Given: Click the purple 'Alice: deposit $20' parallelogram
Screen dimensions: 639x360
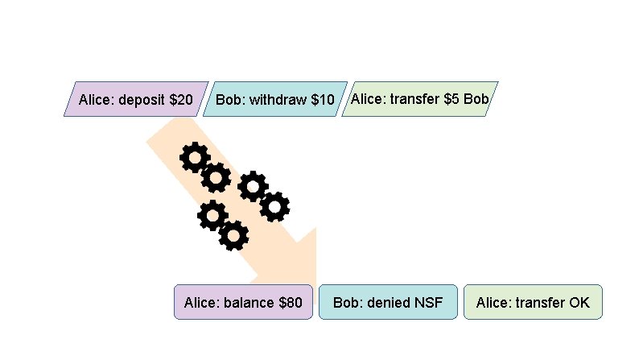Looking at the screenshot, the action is pos(136,100).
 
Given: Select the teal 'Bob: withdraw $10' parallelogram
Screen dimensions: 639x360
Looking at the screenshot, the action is pos(274,100).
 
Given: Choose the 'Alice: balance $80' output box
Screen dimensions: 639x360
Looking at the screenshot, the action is pos(243,303).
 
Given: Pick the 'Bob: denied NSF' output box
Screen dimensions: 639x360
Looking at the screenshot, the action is pos(388,303).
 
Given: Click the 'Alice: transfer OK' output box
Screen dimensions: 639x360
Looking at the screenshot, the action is pos(533,303).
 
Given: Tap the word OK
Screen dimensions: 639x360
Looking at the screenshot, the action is pos(579,304).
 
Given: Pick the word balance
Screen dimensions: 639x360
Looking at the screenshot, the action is pos(249,304).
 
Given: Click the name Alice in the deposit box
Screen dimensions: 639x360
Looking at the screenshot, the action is pos(95,101).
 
